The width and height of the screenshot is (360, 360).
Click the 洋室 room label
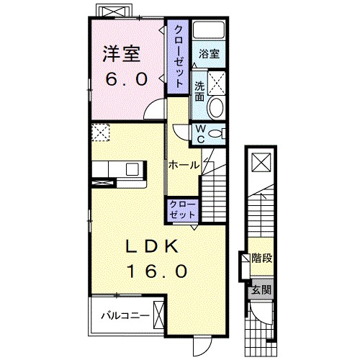pyautogui.click(x=119, y=54)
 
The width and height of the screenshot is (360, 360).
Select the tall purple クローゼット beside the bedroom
pyautogui.click(x=178, y=55)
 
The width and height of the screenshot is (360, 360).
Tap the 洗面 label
pyautogui.click(x=199, y=92)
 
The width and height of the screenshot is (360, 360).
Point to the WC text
pyautogui.click(x=200, y=134)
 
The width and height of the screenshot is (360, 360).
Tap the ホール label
pyautogui.click(x=184, y=165)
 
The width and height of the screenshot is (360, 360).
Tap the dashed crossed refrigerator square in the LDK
pyautogui.click(x=99, y=133)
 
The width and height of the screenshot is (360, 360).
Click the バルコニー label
pyautogui.click(x=124, y=314)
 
